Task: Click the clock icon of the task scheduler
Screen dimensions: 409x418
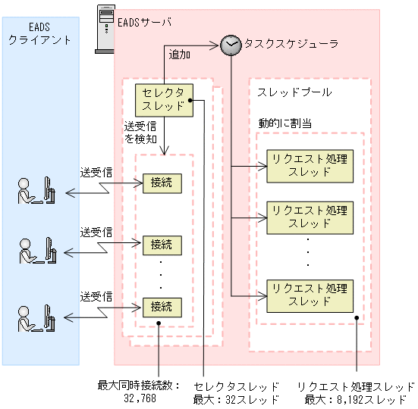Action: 231,44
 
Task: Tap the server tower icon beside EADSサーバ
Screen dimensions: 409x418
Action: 103,30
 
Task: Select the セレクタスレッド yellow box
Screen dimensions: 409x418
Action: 164,99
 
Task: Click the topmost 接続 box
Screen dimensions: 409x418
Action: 162,183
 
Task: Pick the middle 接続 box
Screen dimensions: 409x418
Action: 162,245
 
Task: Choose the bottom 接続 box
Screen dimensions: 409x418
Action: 162,307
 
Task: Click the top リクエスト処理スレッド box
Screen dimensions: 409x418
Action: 309,164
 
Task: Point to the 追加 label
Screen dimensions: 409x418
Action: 180,55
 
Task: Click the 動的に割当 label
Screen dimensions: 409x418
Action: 285,122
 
